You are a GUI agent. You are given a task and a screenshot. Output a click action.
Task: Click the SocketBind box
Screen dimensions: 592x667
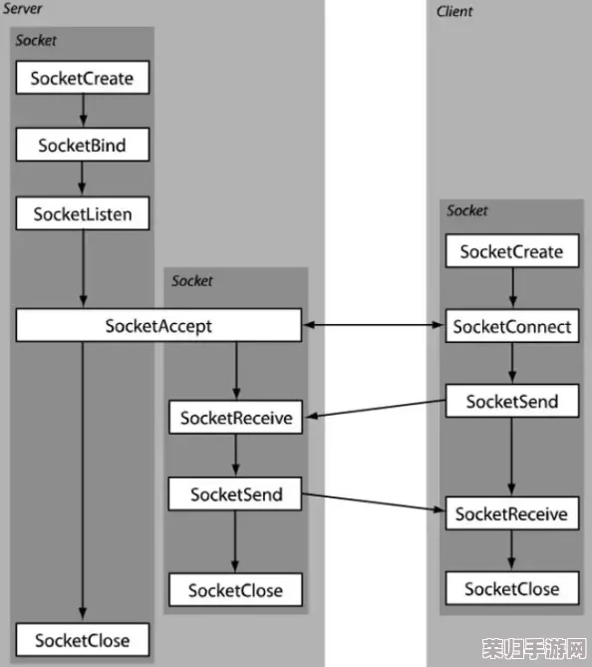83,145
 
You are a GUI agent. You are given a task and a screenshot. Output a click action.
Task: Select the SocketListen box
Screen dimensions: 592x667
83,213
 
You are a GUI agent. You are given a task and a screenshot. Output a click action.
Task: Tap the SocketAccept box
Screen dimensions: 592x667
158,325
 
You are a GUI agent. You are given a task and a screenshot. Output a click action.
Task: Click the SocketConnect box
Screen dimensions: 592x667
512,326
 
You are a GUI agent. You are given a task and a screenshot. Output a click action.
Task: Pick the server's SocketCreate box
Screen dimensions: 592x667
83,78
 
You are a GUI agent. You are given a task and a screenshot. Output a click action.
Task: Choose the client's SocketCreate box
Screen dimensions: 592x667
512,251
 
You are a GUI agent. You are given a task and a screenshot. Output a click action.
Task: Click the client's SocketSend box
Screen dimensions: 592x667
512,401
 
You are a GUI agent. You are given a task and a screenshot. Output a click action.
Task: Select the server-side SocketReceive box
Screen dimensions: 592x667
235,417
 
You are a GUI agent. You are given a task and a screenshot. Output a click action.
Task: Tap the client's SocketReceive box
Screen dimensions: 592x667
512,513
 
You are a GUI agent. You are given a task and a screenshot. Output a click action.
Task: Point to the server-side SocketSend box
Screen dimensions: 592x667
235,494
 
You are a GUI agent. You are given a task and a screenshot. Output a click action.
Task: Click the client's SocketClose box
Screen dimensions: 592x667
512,588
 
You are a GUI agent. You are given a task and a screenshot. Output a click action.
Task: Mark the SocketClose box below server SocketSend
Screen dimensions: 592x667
235,589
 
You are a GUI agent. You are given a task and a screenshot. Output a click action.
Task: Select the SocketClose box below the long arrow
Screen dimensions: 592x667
83,640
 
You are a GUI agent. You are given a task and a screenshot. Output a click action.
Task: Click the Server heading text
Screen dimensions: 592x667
22,9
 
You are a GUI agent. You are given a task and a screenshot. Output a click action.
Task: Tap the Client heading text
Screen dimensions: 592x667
454,12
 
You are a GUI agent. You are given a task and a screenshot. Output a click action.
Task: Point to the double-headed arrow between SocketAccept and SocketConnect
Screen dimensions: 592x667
374,325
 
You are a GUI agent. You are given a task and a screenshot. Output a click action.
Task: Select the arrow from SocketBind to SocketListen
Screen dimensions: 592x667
82,178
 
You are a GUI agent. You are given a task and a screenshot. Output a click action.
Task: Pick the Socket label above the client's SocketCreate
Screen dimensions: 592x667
467,210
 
